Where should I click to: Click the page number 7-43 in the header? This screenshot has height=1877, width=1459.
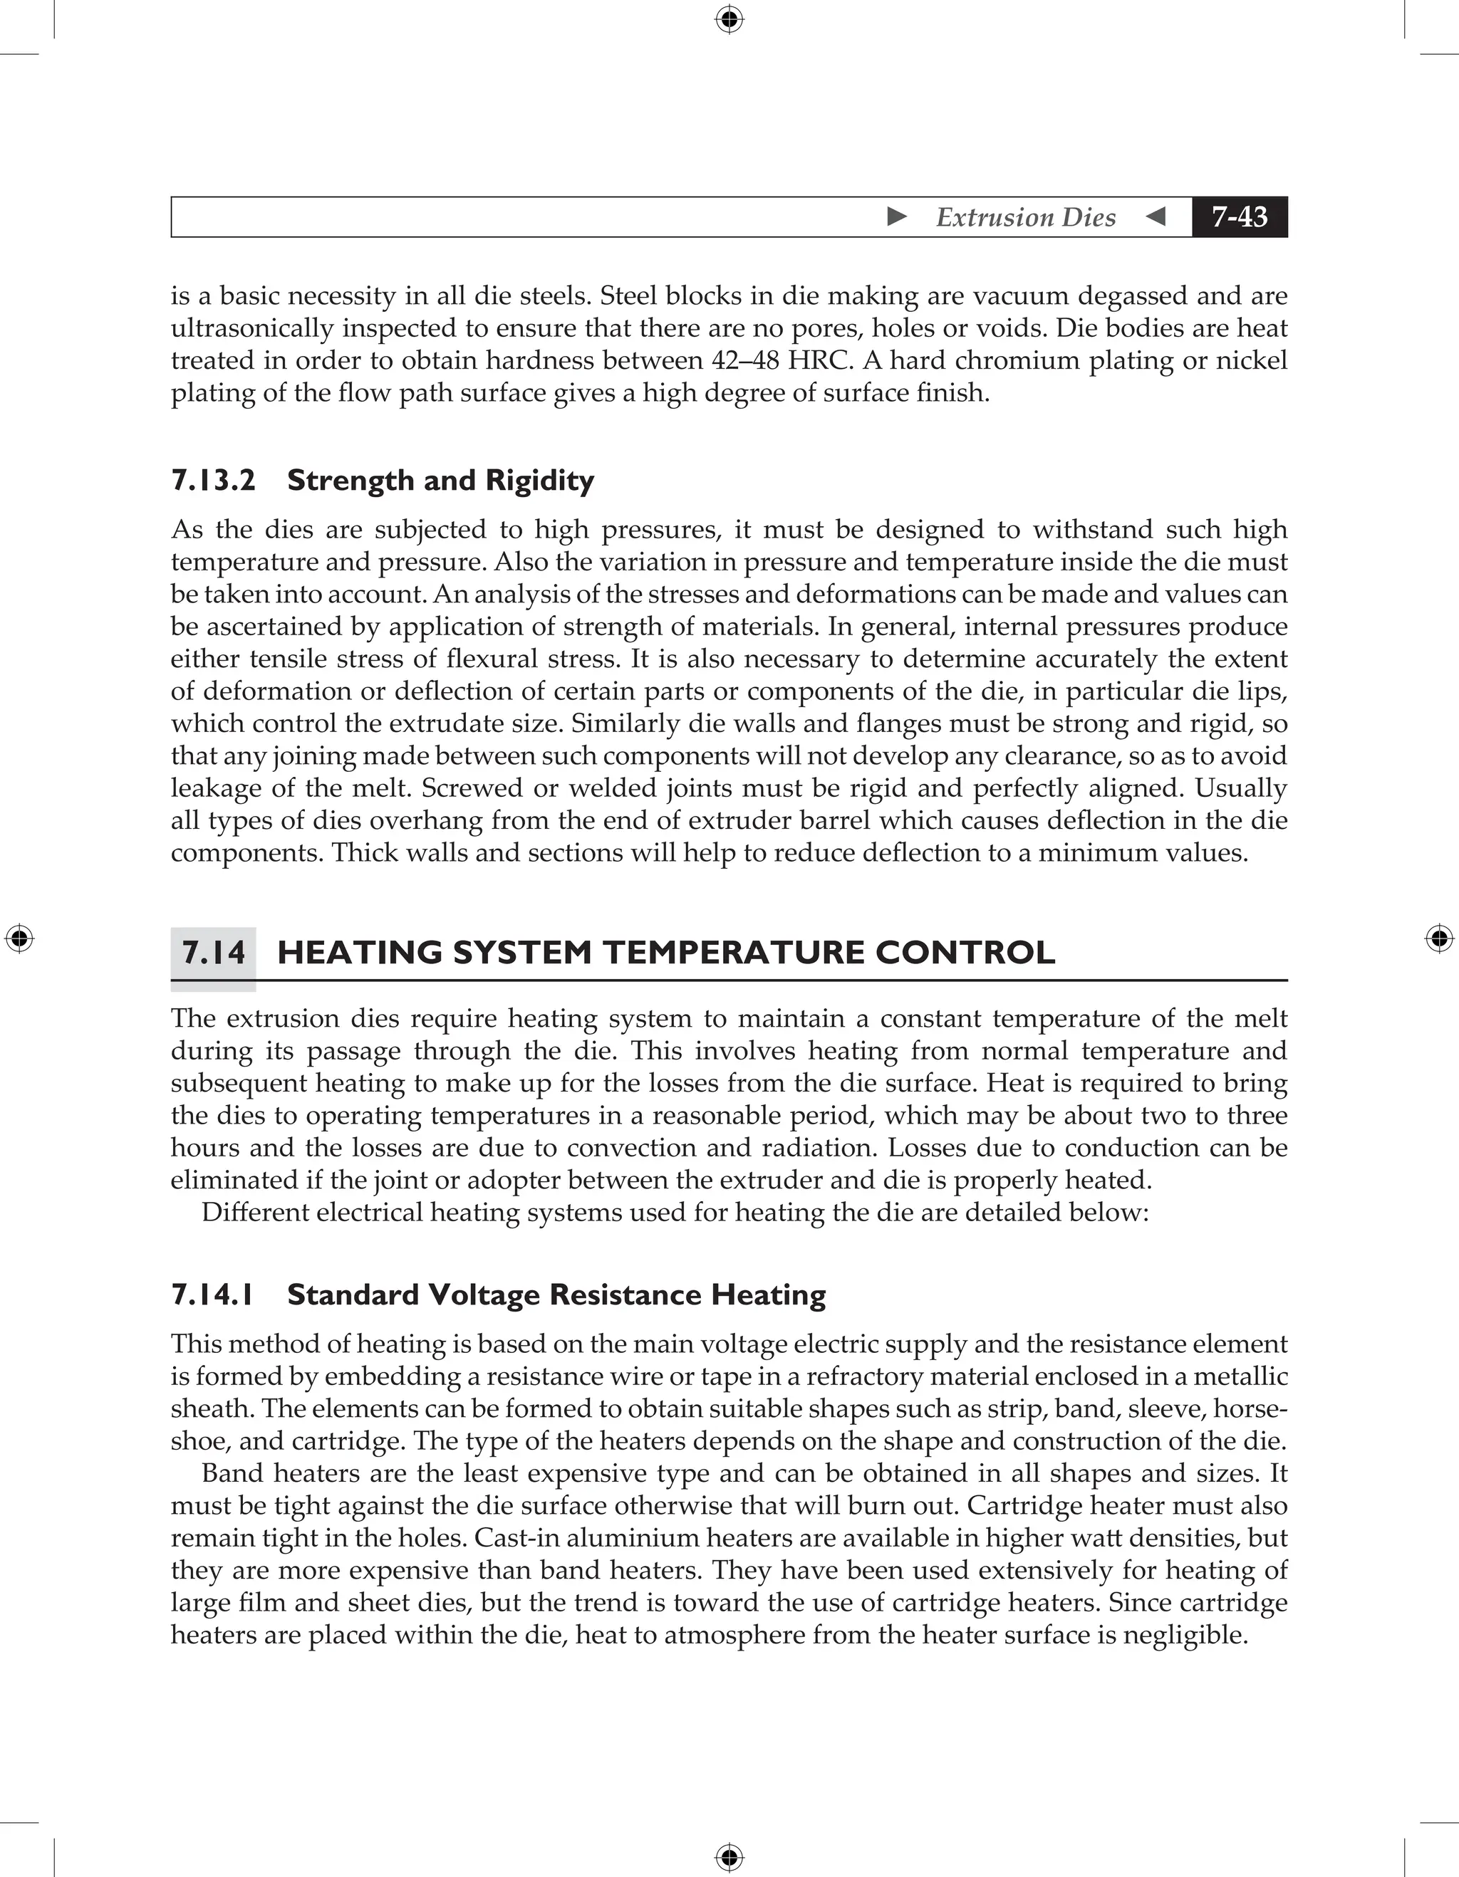point(1239,216)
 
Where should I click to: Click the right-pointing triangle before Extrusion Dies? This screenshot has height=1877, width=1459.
point(897,216)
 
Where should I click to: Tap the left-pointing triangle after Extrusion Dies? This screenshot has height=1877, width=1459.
point(1156,216)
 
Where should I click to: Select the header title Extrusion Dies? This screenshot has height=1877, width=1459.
point(1026,217)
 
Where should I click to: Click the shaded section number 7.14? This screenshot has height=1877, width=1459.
point(213,952)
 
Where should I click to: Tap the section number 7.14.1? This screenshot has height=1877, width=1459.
point(213,1295)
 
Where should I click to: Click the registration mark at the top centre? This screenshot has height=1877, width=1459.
point(729,19)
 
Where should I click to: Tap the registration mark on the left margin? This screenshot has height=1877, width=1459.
point(19,938)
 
